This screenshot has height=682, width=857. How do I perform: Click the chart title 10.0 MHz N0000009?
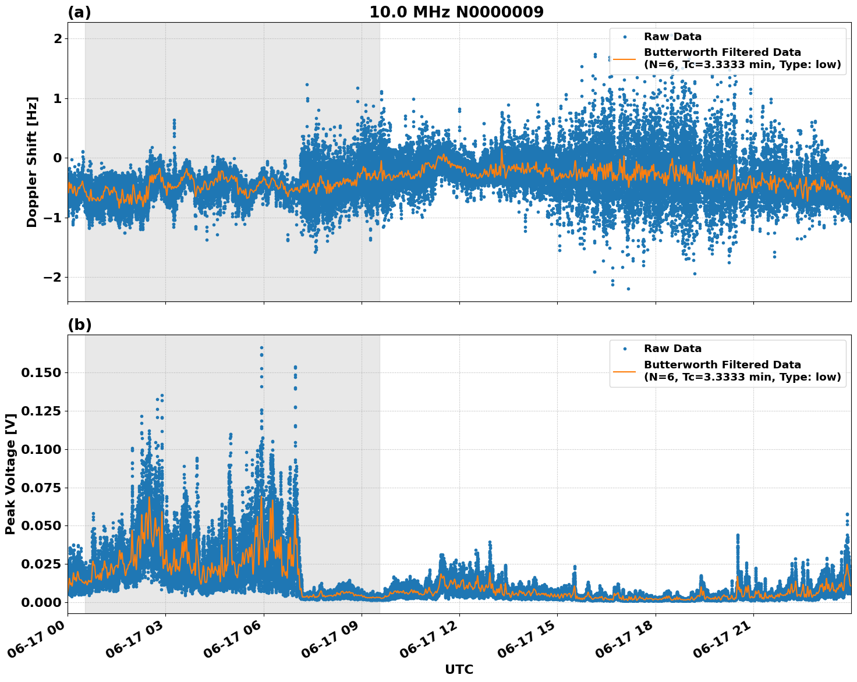(456, 12)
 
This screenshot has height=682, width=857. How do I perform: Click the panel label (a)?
(79, 12)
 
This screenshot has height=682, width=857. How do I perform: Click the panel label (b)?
(80, 325)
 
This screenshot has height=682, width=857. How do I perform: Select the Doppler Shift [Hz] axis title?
(32, 162)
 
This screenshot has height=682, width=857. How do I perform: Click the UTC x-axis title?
(459, 669)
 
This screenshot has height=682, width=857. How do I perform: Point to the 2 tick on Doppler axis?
(58, 38)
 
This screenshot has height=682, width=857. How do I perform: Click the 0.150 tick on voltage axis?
(41, 372)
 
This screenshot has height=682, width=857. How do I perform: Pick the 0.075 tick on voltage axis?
(41, 487)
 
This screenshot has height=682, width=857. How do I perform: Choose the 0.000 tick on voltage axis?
(41, 602)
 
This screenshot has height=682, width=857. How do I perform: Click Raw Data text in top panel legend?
(672, 37)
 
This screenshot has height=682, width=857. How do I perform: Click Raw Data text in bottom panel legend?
(672, 349)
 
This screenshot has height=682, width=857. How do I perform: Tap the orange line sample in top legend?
(625, 58)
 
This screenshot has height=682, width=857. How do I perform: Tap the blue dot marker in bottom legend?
(625, 349)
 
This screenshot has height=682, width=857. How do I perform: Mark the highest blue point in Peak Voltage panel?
(262, 348)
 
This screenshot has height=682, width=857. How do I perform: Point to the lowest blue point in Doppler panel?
(628, 289)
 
